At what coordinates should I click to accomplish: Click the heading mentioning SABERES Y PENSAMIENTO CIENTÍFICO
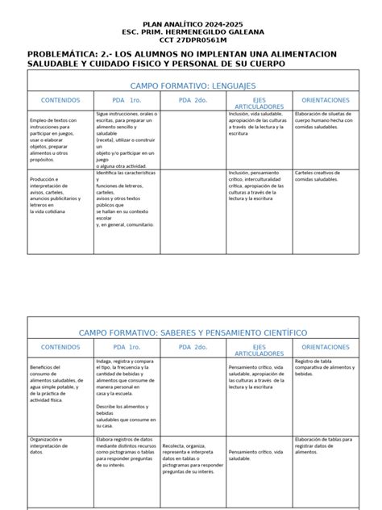(191, 332)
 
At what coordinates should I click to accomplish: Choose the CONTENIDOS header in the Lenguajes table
(60, 100)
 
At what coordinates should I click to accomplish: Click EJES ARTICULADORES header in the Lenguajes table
(257, 103)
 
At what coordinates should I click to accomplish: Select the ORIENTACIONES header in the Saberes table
(325, 348)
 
